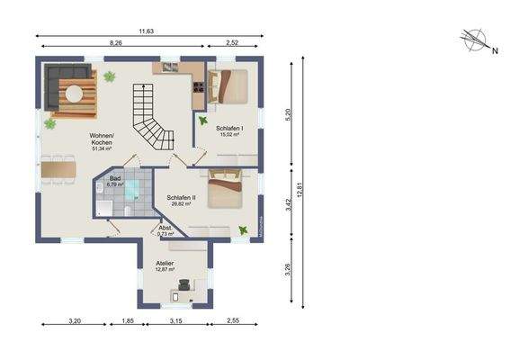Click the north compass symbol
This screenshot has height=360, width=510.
coord(475,40)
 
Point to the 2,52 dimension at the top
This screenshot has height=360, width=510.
coord(233,43)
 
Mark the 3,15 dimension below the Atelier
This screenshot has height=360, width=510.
coord(175,321)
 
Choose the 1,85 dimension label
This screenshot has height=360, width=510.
coord(128,321)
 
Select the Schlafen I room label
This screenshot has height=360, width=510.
coord(228,131)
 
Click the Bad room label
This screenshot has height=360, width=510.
coord(115,181)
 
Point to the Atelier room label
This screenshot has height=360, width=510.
coord(166,265)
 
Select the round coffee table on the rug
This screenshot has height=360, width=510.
coord(74,92)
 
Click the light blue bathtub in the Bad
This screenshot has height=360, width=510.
coord(132,189)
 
